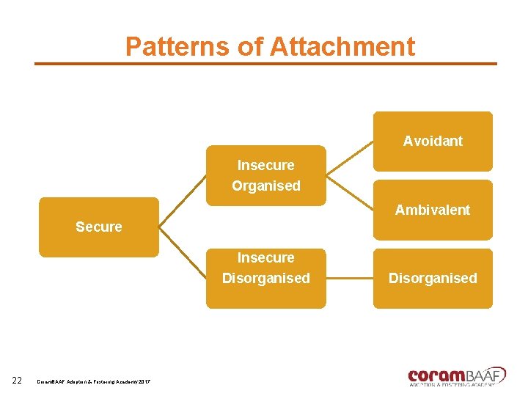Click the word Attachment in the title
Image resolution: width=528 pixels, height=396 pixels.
[x=342, y=47]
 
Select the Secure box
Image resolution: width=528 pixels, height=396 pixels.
[x=98, y=227]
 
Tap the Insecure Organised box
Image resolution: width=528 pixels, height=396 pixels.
[x=265, y=175]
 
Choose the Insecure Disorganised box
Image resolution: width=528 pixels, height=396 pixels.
[x=265, y=278]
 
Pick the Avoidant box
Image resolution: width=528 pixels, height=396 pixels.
[x=433, y=141]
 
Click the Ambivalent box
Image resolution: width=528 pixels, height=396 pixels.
[x=433, y=210]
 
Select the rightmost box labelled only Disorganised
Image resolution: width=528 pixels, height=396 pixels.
[x=433, y=278]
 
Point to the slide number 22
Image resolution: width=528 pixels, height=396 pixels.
[x=17, y=379]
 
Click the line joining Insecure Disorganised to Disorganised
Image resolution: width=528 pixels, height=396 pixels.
[x=349, y=278]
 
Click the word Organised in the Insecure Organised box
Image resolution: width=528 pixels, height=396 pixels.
[x=266, y=186]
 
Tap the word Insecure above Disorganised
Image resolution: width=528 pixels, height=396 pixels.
[x=265, y=257]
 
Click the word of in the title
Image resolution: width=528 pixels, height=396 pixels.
[x=251, y=47]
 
